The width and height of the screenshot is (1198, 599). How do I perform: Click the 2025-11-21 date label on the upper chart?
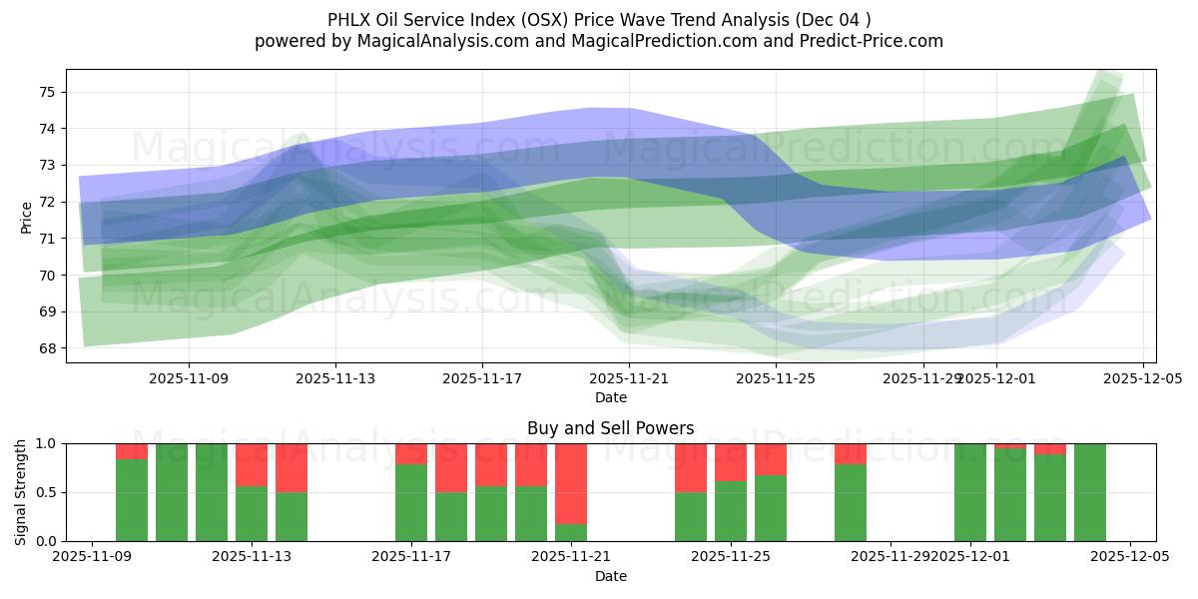(629, 378)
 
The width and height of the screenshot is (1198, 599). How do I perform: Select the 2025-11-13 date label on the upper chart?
(335, 378)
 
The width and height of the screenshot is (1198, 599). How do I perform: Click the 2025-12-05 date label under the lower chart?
(1130, 557)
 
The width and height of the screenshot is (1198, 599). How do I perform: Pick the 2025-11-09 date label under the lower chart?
(92, 557)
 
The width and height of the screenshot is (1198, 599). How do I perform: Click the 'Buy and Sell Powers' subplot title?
(610, 429)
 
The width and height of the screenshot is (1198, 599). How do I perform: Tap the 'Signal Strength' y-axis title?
(21, 492)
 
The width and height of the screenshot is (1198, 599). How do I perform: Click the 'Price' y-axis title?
(26, 216)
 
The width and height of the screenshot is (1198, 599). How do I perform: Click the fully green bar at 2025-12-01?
(970, 492)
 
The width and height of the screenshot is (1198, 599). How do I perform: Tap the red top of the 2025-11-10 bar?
(132, 451)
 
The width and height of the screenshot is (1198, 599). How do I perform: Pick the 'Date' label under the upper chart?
(610, 397)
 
